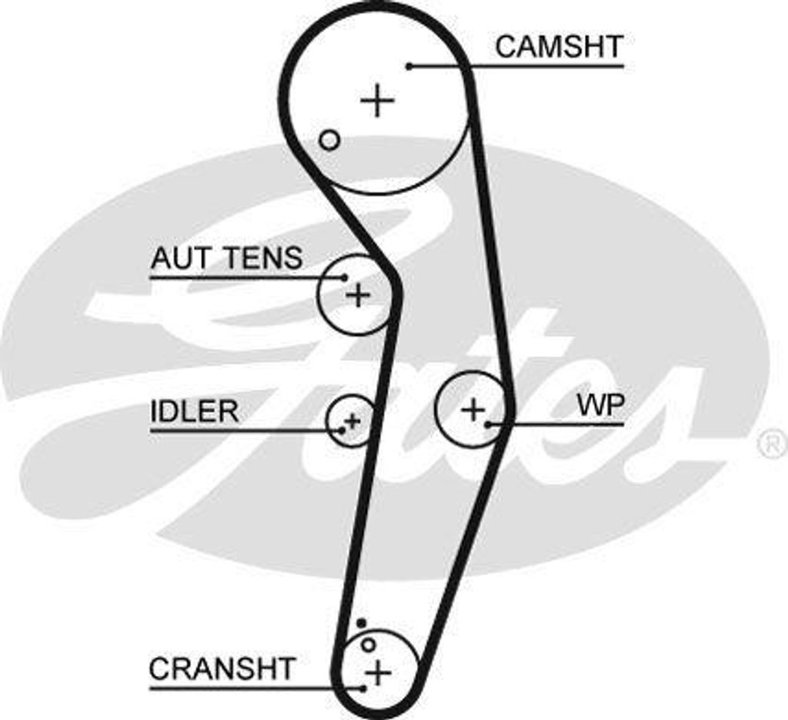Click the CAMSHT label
[558, 47]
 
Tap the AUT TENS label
[226, 259]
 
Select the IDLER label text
[194, 411]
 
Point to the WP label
[601, 406]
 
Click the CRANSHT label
[222, 668]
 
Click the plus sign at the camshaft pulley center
[377, 101]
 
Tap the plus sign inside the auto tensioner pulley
[357, 294]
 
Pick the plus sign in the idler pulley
[352, 420]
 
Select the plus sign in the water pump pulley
[472, 408]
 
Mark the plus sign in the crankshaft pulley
[377, 672]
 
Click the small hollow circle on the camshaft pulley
[329, 140]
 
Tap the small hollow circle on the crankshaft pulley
[369, 644]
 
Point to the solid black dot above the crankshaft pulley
[361, 622]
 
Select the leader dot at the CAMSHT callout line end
[409, 66]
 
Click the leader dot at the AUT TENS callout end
[345, 277]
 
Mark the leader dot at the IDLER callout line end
[342, 430]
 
